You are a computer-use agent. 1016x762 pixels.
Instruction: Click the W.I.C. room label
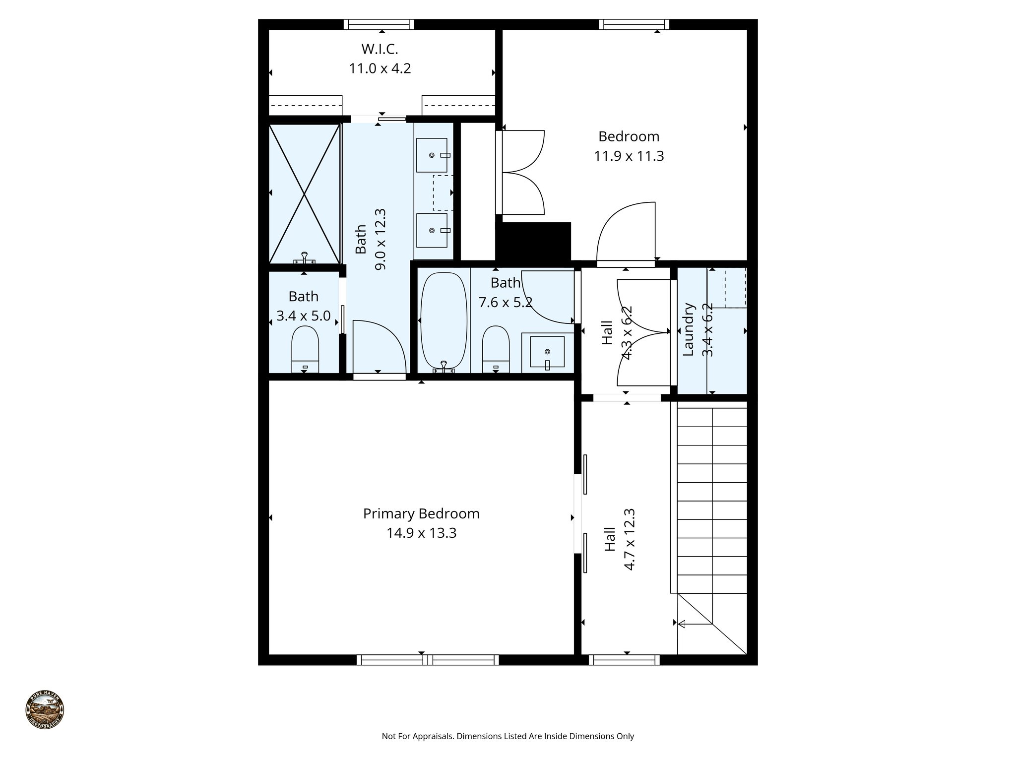pos(380,49)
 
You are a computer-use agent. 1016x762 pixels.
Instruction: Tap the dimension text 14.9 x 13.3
pos(421,533)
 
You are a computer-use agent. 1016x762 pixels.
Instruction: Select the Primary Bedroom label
pos(421,513)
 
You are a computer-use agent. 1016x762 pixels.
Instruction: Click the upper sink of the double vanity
pos(432,155)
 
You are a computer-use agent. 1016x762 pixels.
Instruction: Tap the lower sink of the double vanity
pos(432,230)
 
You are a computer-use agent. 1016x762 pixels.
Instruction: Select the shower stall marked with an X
pos(304,193)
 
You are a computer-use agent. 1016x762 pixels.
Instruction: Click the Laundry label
pos(688,330)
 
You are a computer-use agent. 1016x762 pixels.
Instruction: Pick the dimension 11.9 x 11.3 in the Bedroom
pos(629,156)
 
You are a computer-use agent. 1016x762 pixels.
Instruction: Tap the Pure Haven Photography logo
pos(45,709)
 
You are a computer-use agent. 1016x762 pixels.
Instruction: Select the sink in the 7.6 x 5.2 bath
pos(547,352)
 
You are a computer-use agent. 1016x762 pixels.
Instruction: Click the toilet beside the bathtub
pos(496,348)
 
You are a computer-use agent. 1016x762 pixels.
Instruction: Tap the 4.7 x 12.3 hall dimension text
pos(629,539)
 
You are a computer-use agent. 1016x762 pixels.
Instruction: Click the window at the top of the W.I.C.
pos(379,24)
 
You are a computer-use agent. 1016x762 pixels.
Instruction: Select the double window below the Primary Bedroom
pos(428,660)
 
